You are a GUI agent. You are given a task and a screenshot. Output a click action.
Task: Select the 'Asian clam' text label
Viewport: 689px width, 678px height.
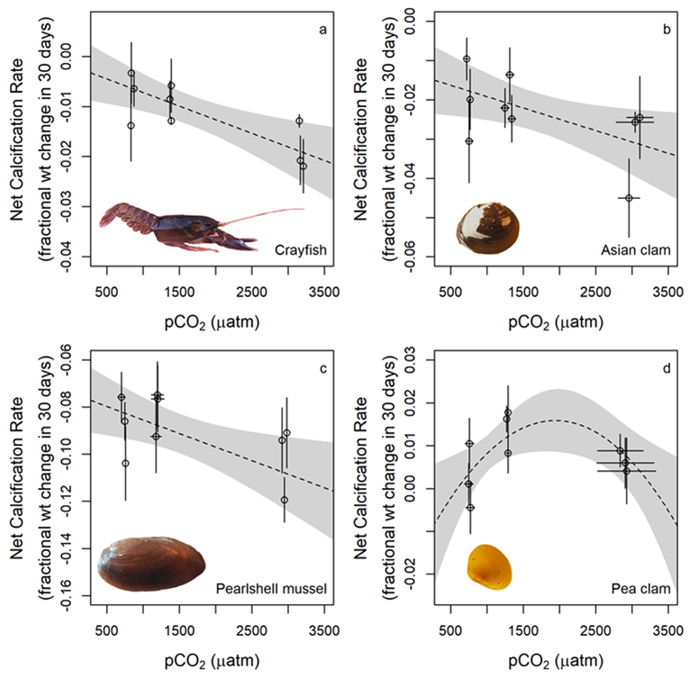[638, 249]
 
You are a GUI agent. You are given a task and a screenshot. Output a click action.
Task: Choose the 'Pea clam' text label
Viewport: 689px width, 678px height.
[642, 589]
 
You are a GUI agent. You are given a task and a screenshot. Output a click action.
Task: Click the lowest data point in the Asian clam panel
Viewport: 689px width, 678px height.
[629, 197]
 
